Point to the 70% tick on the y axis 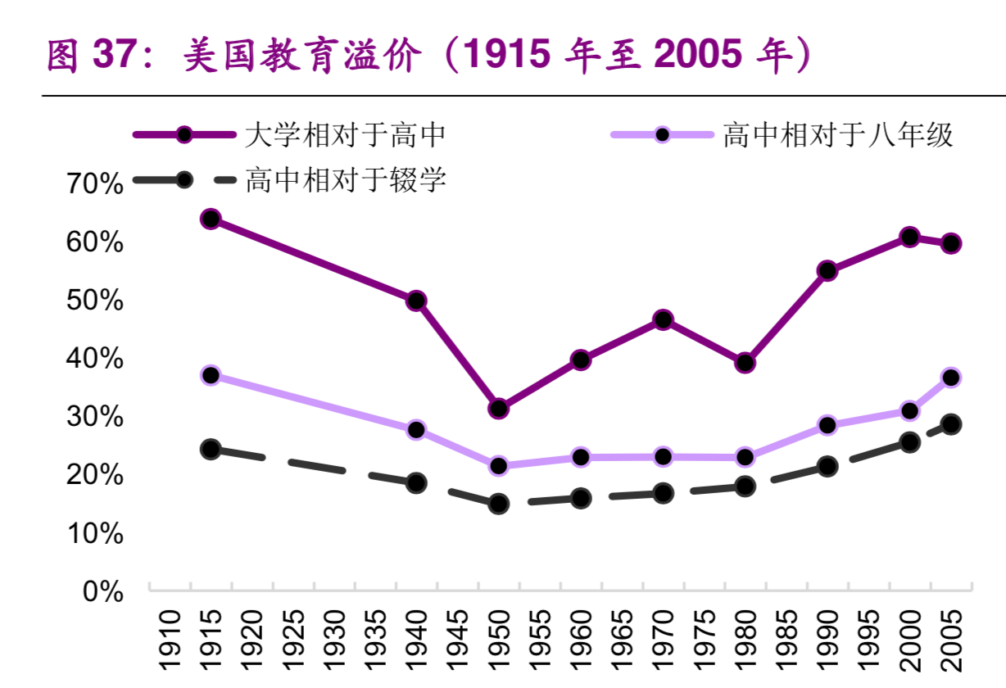pyautogui.click(x=95, y=184)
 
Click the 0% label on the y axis pyautogui.click(x=103, y=591)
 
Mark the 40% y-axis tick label pyautogui.click(x=95, y=359)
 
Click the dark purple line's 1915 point pyautogui.click(x=211, y=219)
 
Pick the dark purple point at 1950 pyautogui.click(x=498, y=408)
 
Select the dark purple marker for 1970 pyautogui.click(x=663, y=319)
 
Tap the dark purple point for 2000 pyautogui.click(x=909, y=238)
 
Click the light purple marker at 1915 pyautogui.click(x=211, y=375)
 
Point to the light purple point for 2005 pyautogui.click(x=950, y=378)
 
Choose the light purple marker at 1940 pyautogui.click(x=416, y=430)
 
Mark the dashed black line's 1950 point pyautogui.click(x=498, y=504)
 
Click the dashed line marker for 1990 pyautogui.click(x=827, y=467)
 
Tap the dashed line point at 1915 pyautogui.click(x=211, y=449)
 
